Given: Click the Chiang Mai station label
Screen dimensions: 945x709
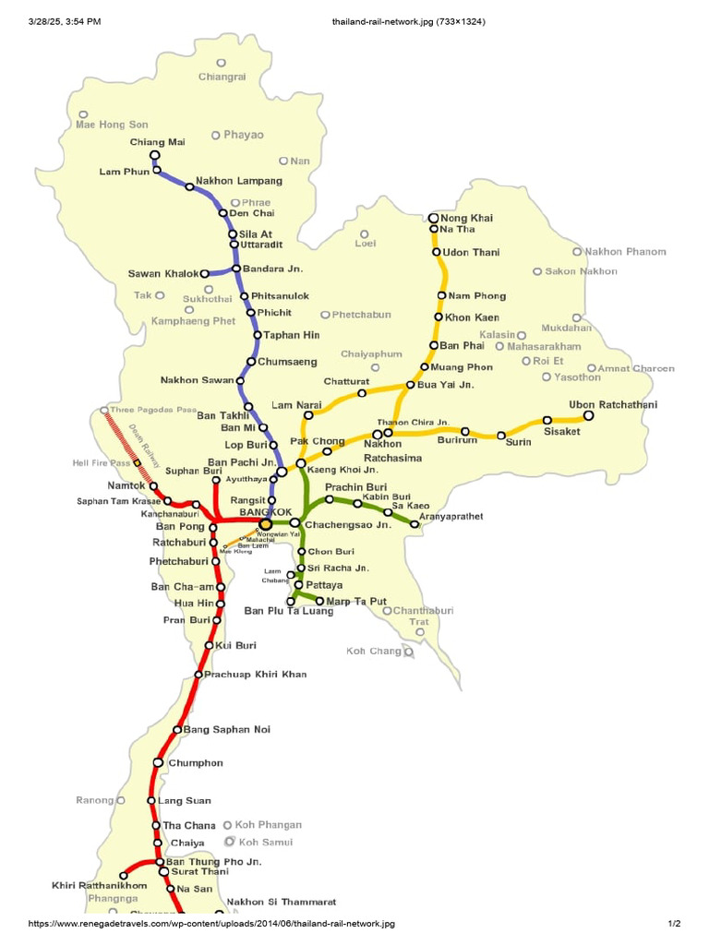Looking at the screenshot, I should coord(158,142).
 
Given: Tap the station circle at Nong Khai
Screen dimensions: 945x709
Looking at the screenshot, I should coord(433,218).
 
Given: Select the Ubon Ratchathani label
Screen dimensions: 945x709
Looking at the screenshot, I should coord(607,405).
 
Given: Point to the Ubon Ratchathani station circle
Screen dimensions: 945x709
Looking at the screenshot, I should coord(589,416).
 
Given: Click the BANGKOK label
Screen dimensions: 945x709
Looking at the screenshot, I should coord(265,511).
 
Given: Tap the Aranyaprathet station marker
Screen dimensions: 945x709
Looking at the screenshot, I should coord(415,524).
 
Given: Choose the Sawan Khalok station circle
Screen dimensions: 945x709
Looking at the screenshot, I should coord(205,273).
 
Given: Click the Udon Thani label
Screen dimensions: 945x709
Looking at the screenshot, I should coord(472,252).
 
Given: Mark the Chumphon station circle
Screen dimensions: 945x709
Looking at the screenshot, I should coord(159,763).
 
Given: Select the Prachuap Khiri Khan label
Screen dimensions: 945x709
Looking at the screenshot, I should coord(255,675).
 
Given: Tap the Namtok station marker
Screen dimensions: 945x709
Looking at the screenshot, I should coord(154,486).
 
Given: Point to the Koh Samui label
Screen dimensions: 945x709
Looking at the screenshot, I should coord(266,842).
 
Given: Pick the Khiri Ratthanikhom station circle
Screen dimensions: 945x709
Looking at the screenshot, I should coord(123,874).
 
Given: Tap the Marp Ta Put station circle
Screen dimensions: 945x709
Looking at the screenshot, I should coord(320,601).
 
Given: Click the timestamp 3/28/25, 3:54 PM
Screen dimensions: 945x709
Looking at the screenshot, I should coord(66,20).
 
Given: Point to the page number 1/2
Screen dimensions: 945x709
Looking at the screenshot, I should coord(674,924).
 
